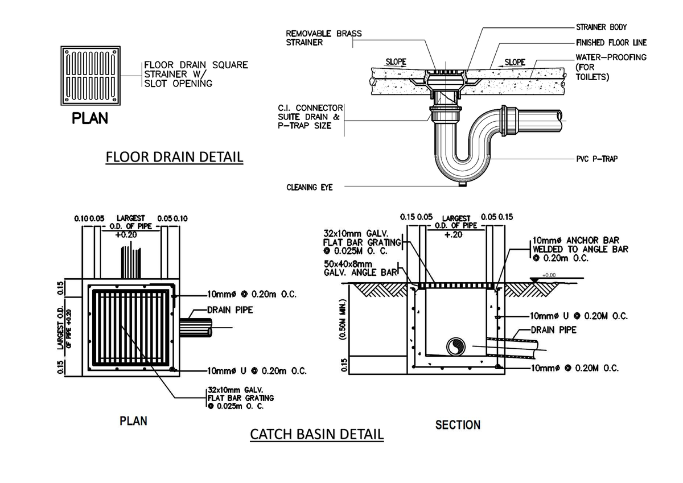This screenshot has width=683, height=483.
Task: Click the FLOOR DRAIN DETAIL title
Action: [174, 157]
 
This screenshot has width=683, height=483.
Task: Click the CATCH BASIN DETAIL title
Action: [317, 435]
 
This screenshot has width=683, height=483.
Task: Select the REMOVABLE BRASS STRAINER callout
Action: [323, 38]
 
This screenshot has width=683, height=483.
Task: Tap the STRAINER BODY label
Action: [602, 27]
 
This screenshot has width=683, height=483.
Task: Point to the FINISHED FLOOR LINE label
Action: [611, 43]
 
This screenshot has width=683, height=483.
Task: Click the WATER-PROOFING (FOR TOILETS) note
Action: [611, 67]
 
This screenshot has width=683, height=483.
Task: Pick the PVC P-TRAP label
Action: [596, 159]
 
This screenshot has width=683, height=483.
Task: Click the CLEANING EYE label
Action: [309, 187]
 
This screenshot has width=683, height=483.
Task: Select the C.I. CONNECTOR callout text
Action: [310, 117]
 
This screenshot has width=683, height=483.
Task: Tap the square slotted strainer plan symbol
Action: [92, 76]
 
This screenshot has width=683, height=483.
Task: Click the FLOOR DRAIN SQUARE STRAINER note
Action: [196, 74]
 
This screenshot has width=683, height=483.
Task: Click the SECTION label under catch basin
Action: [458, 424]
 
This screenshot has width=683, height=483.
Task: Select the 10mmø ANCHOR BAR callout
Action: [580, 249]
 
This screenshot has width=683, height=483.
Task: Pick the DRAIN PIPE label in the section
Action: [553, 330]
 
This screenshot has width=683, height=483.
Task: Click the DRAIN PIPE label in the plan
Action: [229, 310]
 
